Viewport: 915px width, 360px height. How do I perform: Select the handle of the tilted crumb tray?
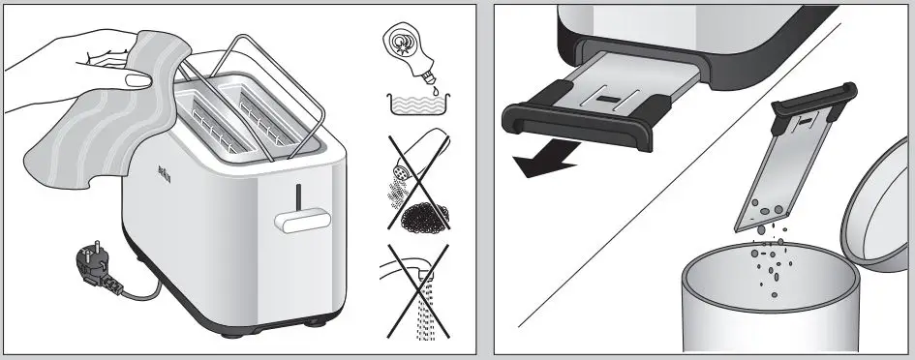(817, 95)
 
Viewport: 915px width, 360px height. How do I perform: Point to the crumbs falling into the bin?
(775, 257)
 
